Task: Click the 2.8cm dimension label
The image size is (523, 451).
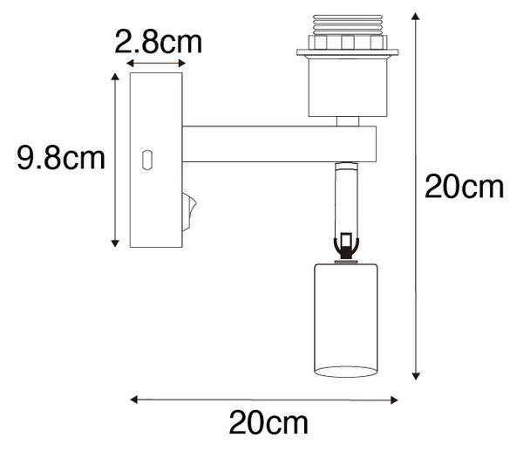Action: click(159, 43)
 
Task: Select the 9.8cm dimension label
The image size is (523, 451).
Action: click(61, 158)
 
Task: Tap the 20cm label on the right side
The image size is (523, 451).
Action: click(464, 188)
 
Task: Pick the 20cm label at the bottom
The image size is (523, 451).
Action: click(268, 423)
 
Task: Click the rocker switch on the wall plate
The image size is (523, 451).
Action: click(189, 212)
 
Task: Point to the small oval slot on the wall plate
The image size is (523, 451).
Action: click(147, 161)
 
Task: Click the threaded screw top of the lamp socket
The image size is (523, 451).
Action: click(347, 24)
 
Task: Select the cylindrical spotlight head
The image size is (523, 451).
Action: click(346, 320)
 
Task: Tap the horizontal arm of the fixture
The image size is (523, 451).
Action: click(279, 144)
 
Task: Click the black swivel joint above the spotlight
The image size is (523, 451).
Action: click(346, 246)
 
